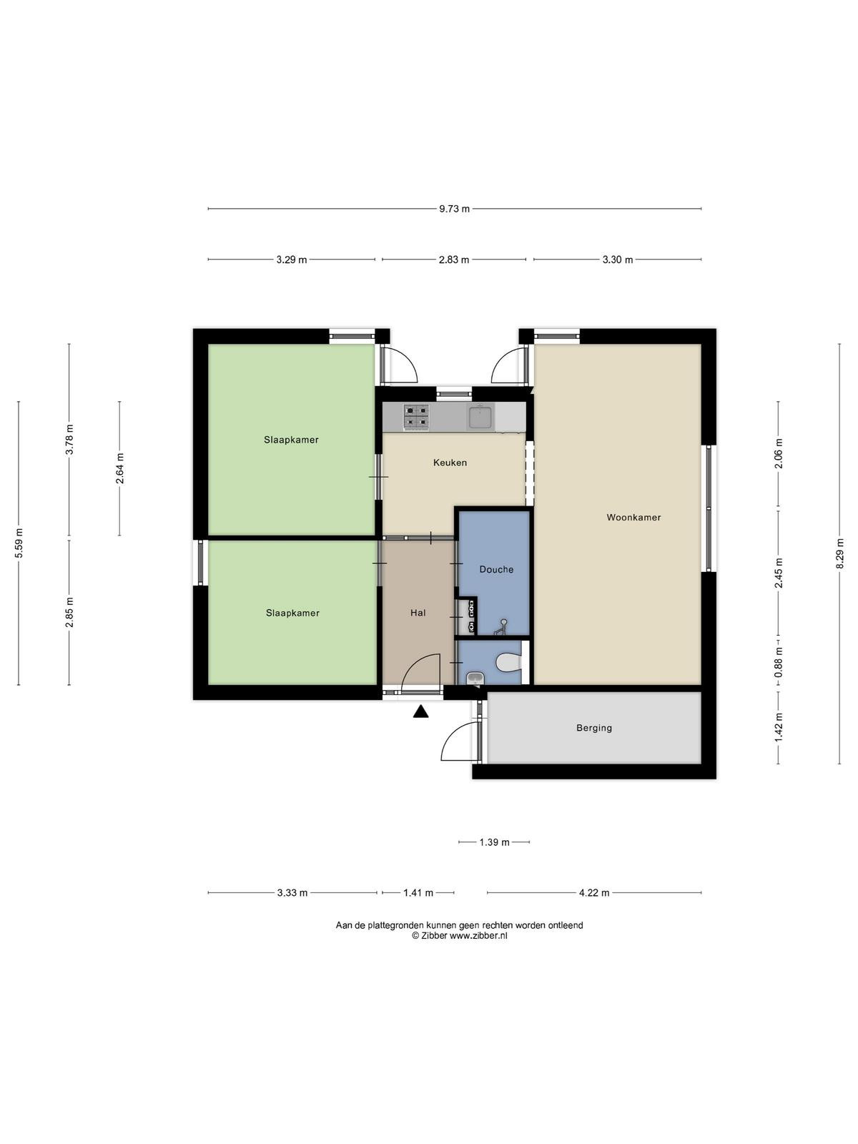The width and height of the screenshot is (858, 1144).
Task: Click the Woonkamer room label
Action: point(633,517)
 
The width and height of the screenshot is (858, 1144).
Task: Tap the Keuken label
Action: point(450,463)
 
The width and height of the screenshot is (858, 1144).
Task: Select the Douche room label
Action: point(496,569)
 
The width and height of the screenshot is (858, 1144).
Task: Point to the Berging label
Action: point(594,728)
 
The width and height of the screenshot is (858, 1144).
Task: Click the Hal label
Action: point(418,613)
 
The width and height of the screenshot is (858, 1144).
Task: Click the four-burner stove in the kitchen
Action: point(415,418)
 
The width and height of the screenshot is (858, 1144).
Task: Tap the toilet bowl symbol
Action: point(508,663)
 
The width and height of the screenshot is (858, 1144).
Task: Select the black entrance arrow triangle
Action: point(421,711)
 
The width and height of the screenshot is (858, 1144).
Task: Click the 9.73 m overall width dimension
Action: point(454,209)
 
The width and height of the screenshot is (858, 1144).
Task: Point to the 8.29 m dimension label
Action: point(839,554)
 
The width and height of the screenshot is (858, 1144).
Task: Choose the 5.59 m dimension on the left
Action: point(19,543)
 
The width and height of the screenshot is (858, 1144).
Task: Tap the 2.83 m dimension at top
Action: point(454,260)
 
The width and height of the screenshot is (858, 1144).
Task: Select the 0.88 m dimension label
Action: point(779,663)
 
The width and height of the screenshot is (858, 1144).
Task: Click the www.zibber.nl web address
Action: point(479,935)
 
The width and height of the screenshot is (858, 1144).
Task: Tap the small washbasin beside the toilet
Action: point(475,678)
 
